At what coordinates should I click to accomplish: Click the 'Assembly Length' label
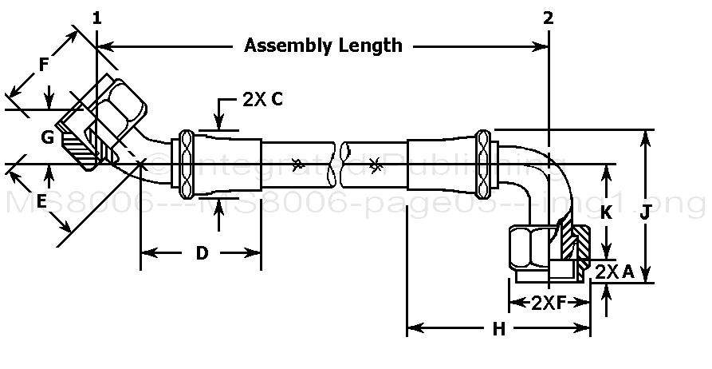[323, 45]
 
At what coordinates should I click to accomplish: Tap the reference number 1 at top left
[97, 18]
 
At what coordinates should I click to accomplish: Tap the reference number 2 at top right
[549, 18]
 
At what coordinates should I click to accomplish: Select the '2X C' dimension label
[262, 100]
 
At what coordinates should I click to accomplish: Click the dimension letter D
[202, 254]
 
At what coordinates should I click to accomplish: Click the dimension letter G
[48, 137]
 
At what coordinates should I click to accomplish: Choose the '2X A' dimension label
[615, 272]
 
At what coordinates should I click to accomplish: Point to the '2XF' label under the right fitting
[549, 303]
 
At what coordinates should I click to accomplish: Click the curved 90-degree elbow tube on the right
[550, 172]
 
